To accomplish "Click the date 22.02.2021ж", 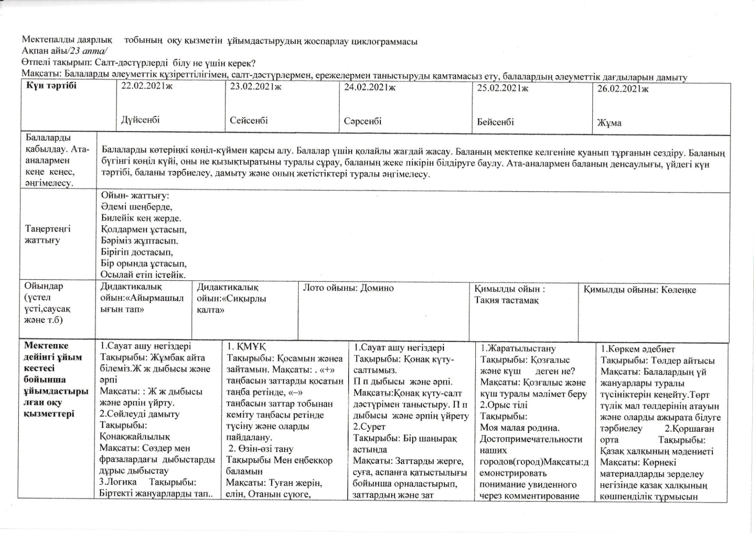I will coord(147,87).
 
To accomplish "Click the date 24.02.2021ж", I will coord(370,88).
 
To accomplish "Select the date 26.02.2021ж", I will coord(623,89).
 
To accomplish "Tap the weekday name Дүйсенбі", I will coord(140,120).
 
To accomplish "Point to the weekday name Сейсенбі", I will coord(249,120).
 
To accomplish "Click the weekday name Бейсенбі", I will coord(495,122).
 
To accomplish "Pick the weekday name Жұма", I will coord(609,123).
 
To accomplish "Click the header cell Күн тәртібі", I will coord(51,86).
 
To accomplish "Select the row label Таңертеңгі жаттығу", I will coord(48,234).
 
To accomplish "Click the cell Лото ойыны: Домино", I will coord(349,288).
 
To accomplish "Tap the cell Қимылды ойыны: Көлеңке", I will coord(640,290).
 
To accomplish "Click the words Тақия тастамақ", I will coord(506,300).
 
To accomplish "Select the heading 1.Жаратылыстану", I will coord(518,348).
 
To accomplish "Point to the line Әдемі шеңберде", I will coord(137,207).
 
